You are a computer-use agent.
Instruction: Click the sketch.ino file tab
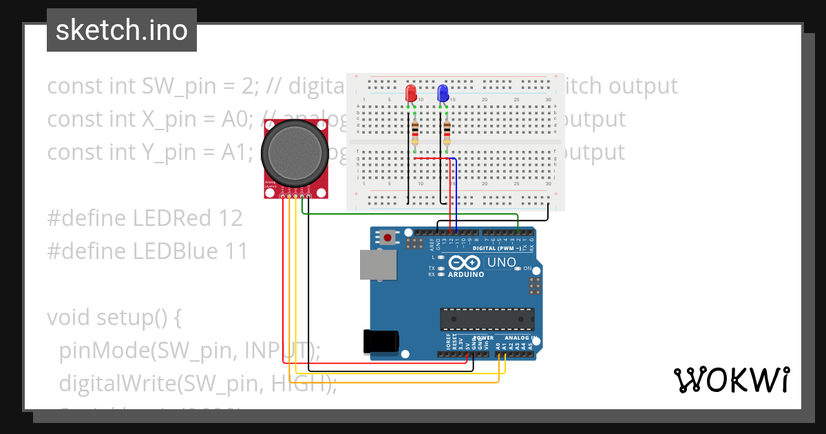click(x=122, y=30)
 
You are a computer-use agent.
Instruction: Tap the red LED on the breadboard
click(x=411, y=93)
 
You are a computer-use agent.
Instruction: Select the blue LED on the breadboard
click(x=443, y=93)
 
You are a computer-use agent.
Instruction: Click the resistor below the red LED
click(x=414, y=134)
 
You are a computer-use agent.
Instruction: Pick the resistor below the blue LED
click(x=447, y=134)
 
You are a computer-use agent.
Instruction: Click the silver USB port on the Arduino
click(x=378, y=265)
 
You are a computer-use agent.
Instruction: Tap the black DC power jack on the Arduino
click(x=381, y=341)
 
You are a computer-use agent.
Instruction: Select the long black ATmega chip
click(x=487, y=318)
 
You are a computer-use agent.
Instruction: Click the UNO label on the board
click(x=501, y=262)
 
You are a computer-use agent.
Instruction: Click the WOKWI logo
click(x=731, y=380)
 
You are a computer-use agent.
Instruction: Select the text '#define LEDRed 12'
click(x=145, y=218)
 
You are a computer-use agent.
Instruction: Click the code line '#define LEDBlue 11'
click(x=147, y=251)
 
